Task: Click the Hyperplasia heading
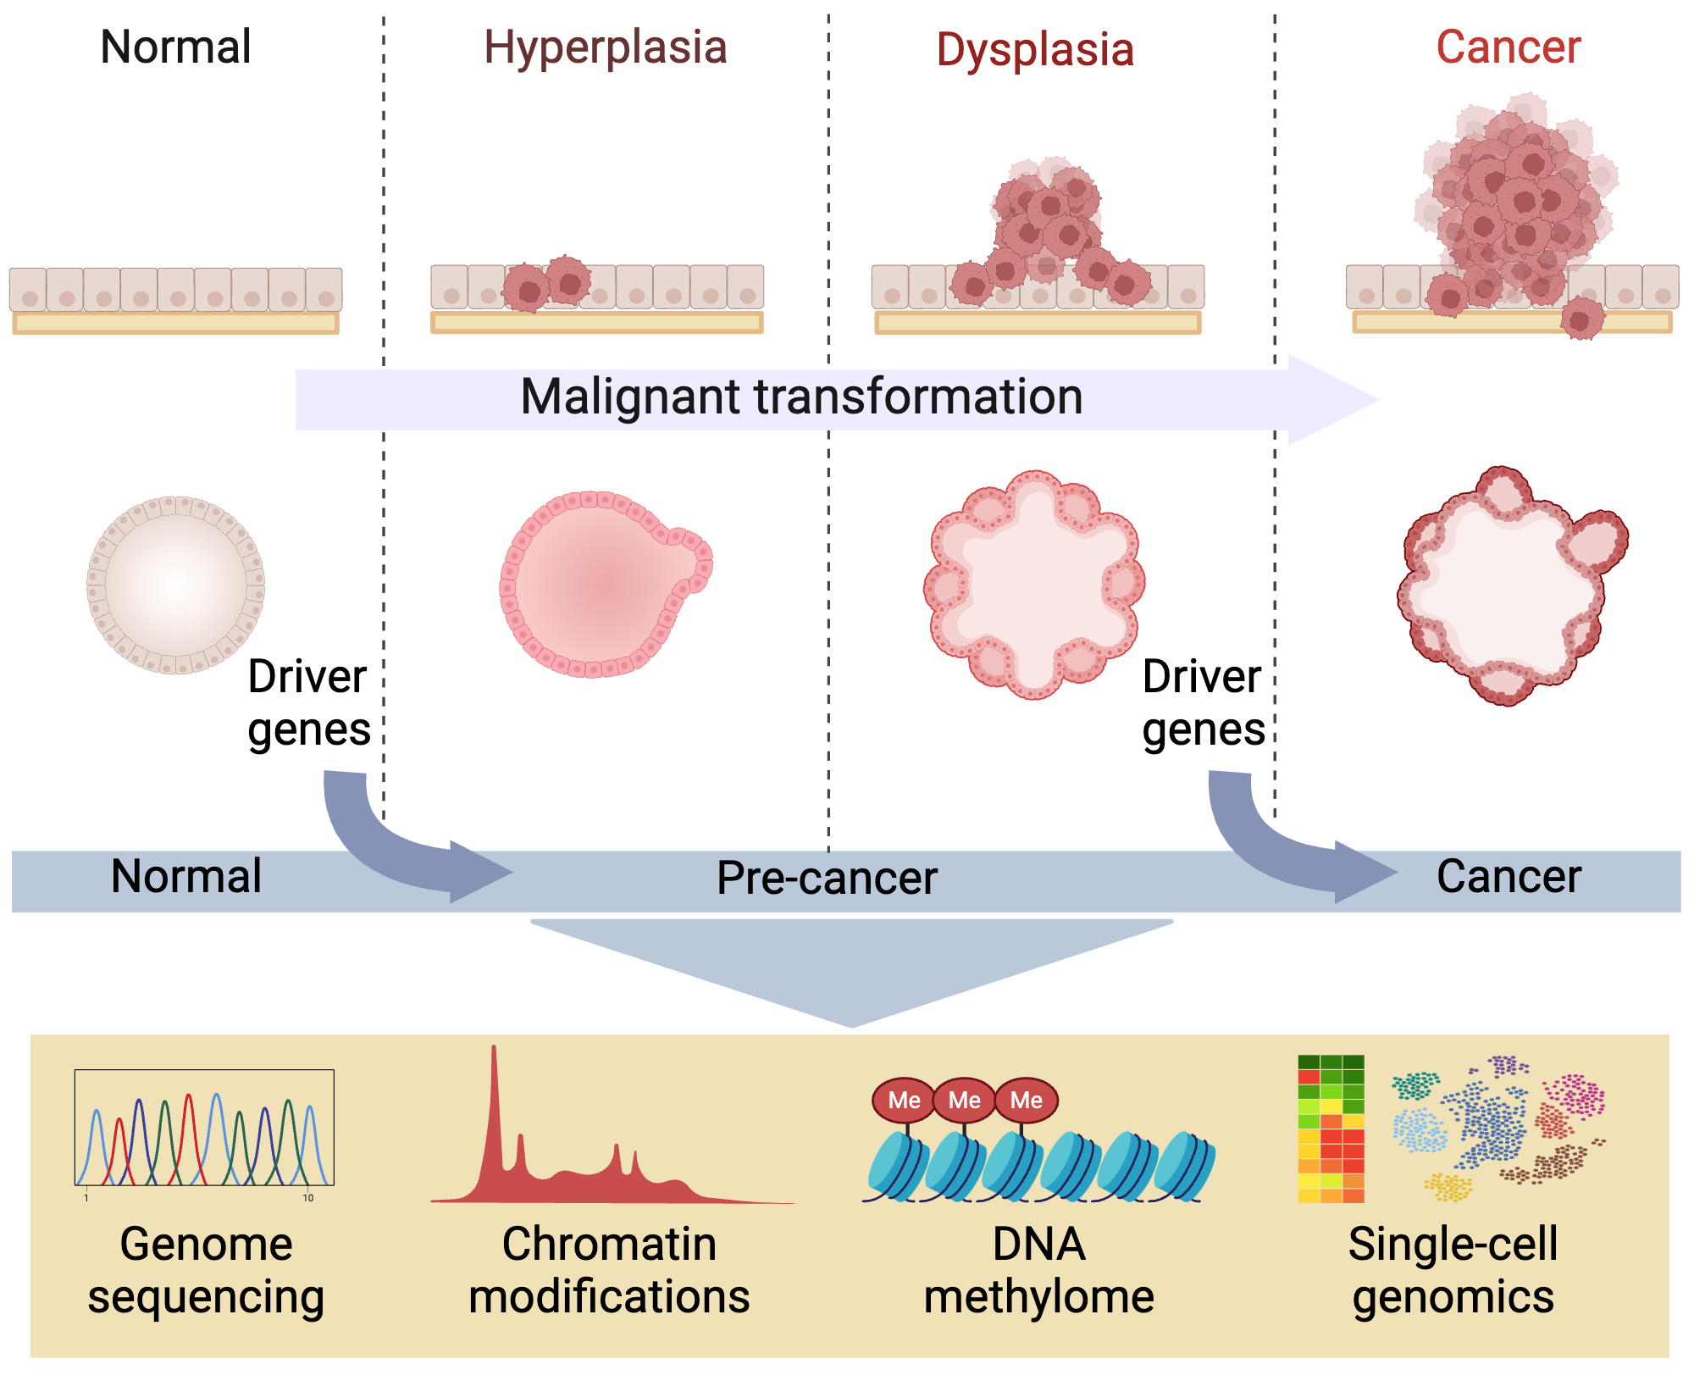click(606, 47)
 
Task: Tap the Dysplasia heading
click(1035, 50)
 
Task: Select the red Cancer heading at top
click(1509, 47)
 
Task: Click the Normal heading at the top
click(175, 47)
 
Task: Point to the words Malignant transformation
click(801, 397)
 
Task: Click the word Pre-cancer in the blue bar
click(827, 879)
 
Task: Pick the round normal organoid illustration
click(176, 585)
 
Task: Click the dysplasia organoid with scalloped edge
click(1034, 585)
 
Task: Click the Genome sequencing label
click(206, 1271)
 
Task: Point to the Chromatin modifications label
click(609, 1271)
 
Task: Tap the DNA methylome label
click(1038, 1271)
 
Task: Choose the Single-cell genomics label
click(1453, 1271)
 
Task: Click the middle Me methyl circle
click(965, 1100)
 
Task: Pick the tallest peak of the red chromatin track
click(494, 1059)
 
